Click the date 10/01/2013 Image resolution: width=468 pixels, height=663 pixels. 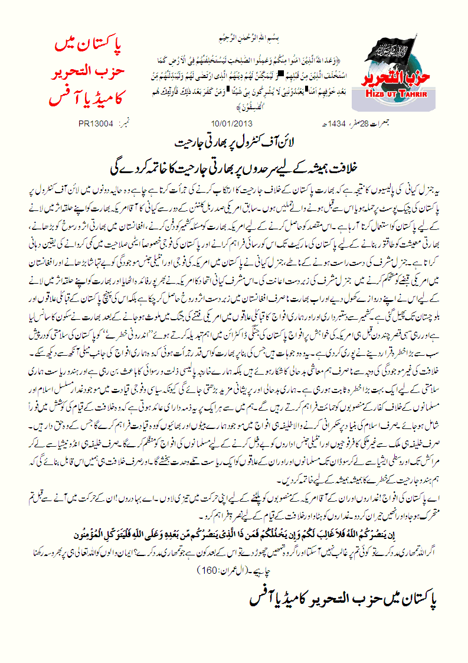[x=227, y=125]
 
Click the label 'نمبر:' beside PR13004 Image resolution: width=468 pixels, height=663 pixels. [x=126, y=125]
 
